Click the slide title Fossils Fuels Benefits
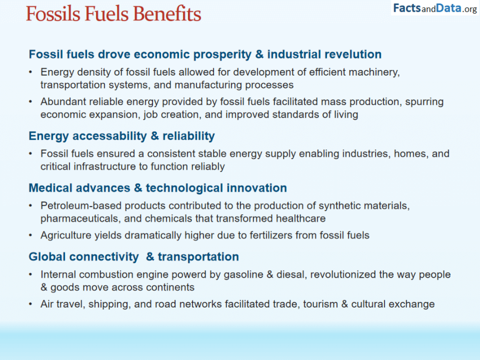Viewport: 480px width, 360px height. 114,14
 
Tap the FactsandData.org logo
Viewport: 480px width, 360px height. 435,8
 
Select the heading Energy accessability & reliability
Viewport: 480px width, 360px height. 121,136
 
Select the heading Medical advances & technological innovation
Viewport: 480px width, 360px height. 158,188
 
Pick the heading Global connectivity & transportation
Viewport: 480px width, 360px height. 134,257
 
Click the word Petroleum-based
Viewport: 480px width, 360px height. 76,206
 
